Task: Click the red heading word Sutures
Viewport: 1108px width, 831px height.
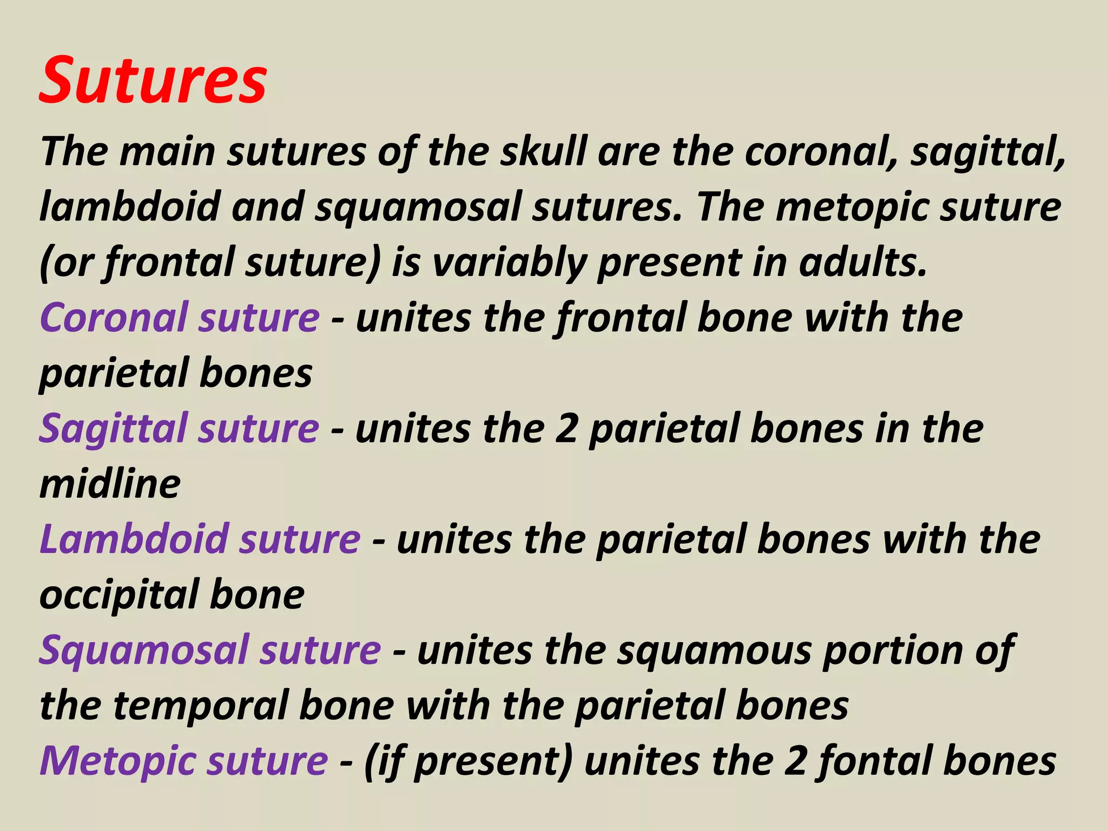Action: [153, 81]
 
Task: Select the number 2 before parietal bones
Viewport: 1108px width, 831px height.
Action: [567, 429]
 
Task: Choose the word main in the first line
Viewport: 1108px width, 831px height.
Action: [167, 151]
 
